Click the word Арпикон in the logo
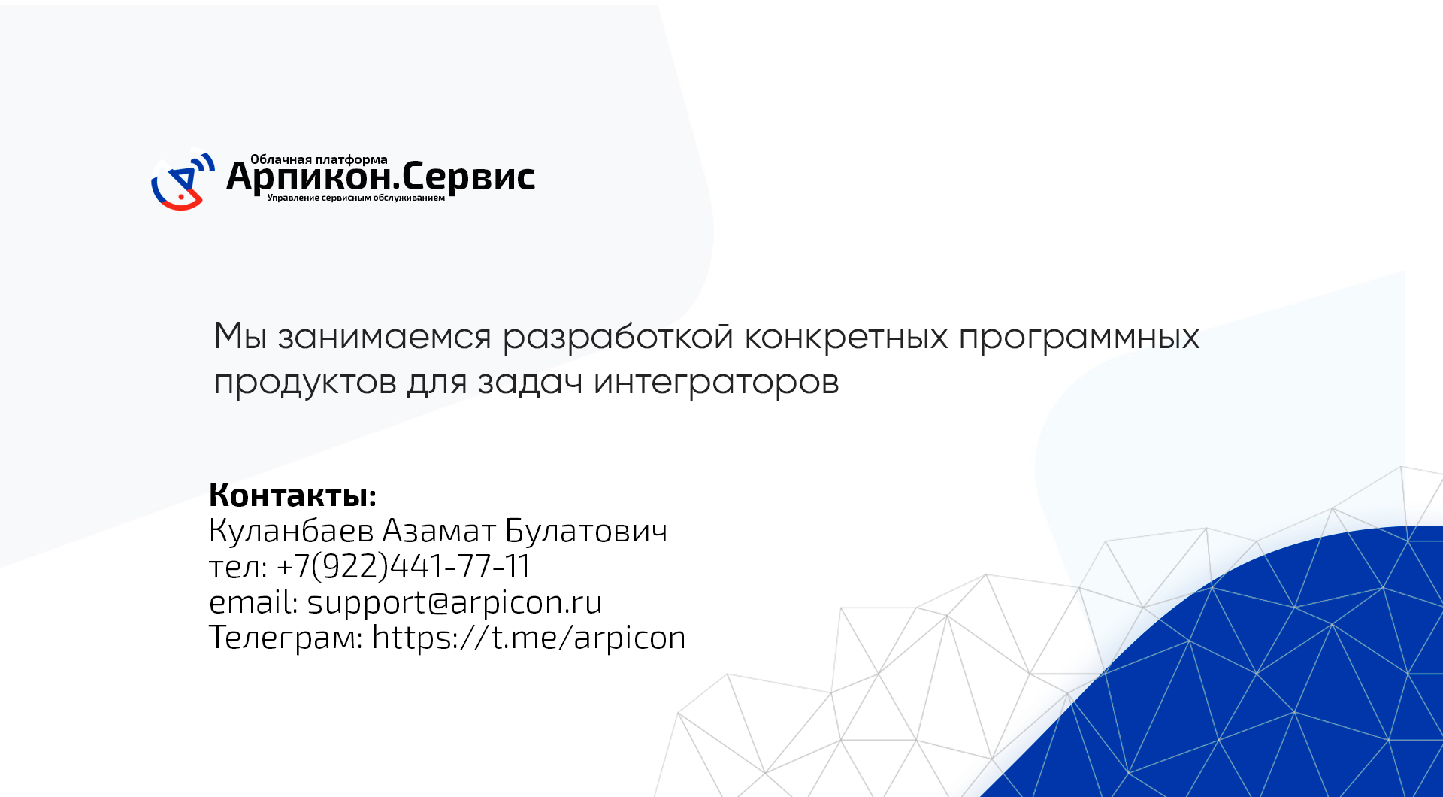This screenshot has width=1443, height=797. (x=308, y=177)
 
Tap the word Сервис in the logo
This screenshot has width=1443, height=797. (x=468, y=177)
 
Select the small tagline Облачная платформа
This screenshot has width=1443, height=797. (x=319, y=159)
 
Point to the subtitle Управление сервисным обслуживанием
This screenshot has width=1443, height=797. (x=356, y=198)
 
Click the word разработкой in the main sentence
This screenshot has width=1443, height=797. (x=618, y=336)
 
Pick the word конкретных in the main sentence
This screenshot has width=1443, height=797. (x=846, y=336)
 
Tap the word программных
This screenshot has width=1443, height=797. (x=1079, y=338)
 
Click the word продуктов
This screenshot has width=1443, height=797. (x=305, y=383)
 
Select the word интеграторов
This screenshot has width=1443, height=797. (x=716, y=383)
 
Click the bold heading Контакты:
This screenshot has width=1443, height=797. (x=292, y=495)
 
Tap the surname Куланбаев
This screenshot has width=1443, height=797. (x=292, y=531)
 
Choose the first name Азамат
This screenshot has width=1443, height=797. (x=440, y=531)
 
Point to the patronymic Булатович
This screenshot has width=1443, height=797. (x=586, y=531)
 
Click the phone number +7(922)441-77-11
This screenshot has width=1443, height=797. (x=404, y=566)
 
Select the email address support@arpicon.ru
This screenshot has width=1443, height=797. (x=455, y=602)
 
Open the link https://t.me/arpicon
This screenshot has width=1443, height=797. (x=529, y=638)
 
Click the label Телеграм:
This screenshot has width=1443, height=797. (x=286, y=638)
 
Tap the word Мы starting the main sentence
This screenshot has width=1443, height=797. (x=240, y=336)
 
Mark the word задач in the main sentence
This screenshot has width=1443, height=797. (x=531, y=383)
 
